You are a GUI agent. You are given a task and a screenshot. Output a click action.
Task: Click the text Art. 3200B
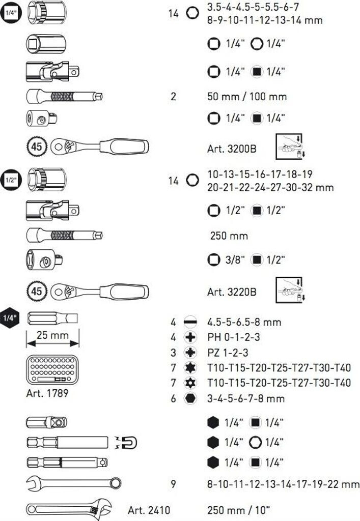(x=232, y=149)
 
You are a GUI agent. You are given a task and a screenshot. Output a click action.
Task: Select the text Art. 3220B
(x=232, y=292)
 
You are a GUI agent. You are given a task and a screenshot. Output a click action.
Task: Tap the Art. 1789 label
(x=47, y=393)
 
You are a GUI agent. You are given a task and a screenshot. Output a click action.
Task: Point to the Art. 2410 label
(x=149, y=510)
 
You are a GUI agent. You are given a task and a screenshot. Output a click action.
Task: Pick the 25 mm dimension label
(x=52, y=336)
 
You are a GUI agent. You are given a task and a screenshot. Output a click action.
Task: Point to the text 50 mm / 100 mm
(x=247, y=97)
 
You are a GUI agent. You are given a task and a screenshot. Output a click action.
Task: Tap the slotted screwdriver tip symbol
(x=191, y=322)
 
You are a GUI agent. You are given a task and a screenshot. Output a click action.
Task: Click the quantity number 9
(x=173, y=484)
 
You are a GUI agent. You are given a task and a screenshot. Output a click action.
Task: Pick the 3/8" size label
(x=235, y=260)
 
